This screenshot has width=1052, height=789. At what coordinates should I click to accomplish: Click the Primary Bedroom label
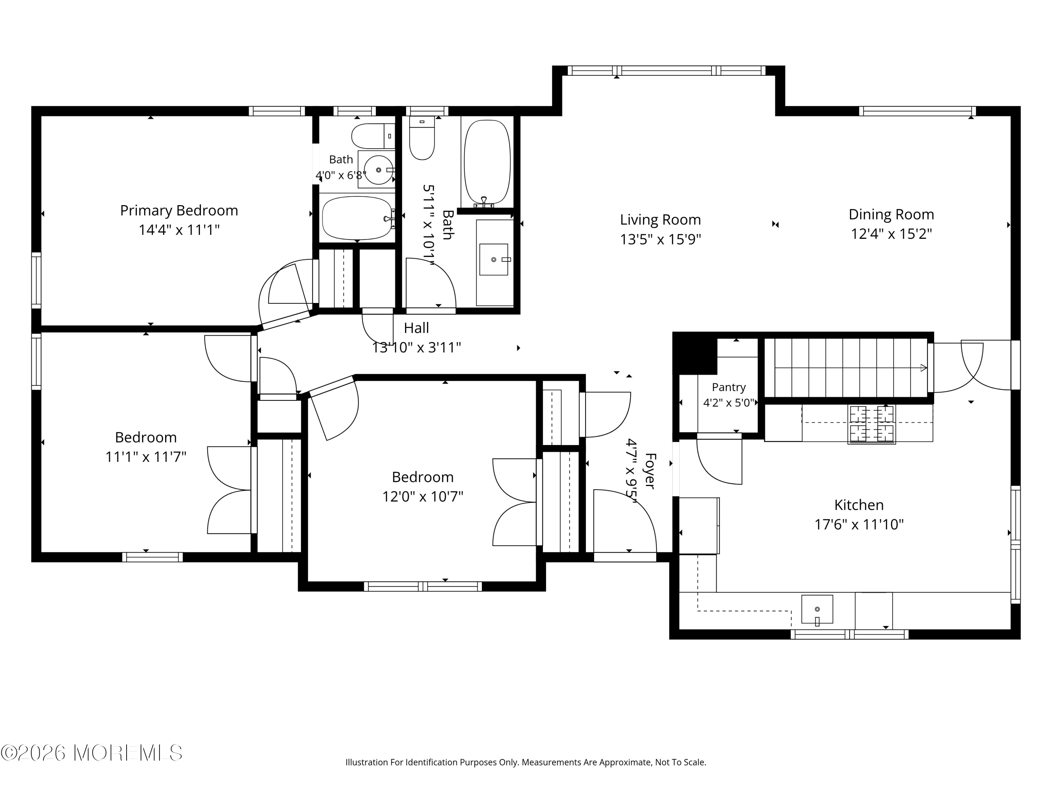pos(179,210)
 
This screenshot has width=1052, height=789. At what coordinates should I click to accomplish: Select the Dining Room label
pos(891,215)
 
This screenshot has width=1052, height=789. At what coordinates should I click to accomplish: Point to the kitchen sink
pos(817,609)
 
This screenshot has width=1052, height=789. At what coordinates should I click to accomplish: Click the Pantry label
pos(729,387)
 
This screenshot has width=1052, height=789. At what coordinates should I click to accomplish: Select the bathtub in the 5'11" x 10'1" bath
pos(487,163)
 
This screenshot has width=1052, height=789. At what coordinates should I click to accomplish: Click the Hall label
pos(416,328)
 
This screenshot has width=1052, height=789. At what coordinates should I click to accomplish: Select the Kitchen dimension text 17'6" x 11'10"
pos(859,525)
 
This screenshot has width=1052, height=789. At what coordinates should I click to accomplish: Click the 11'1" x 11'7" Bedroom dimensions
pos(146,457)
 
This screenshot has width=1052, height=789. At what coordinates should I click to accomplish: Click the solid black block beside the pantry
pos(695,356)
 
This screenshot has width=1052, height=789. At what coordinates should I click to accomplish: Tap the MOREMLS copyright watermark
pos(91,753)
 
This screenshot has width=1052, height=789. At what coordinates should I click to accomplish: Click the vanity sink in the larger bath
pos(494,260)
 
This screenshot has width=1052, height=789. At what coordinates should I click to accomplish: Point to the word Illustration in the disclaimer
pos(367,762)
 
